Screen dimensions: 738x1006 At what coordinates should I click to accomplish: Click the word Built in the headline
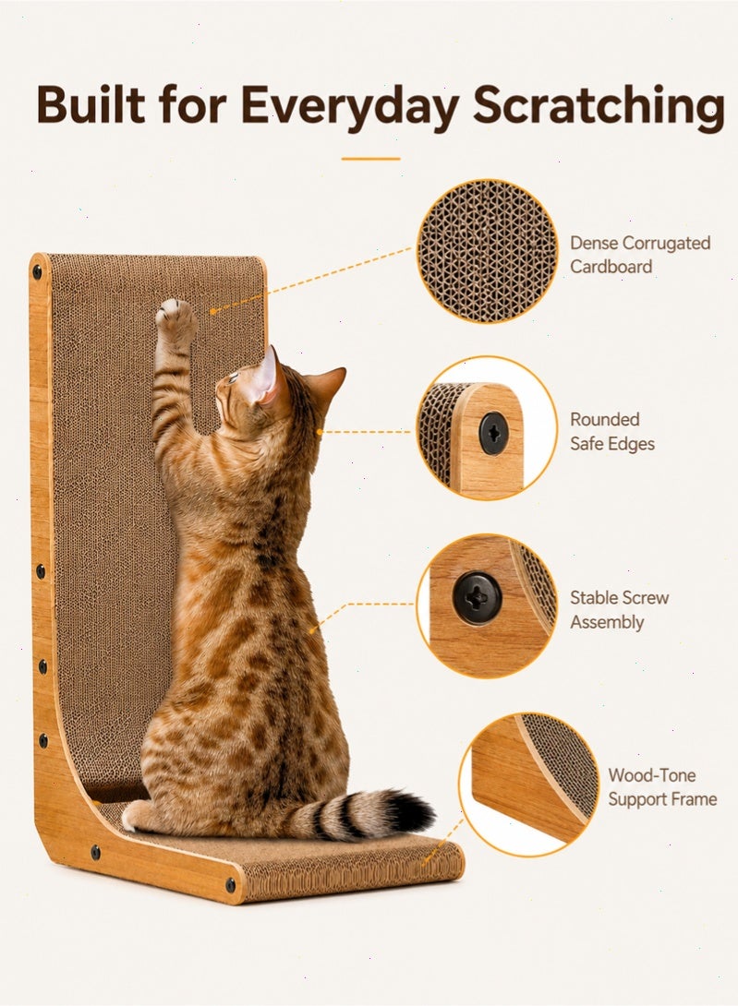(x=91, y=103)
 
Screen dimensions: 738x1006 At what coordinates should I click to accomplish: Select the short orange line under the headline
(x=370, y=159)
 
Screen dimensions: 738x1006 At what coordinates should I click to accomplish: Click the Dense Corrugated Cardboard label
(x=640, y=255)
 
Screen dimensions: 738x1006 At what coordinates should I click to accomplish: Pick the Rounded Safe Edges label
(x=612, y=431)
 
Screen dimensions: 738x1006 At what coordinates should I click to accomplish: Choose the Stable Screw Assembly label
(x=619, y=609)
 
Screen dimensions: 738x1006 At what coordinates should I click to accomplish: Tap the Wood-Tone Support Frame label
(x=662, y=786)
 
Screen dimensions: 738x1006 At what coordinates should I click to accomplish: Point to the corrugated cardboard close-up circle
(x=487, y=251)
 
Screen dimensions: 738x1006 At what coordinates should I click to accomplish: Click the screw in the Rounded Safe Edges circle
(x=494, y=434)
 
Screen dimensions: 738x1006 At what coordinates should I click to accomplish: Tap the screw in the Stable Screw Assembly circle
(x=478, y=598)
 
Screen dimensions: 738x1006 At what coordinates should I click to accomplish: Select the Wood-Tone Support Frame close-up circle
(x=528, y=784)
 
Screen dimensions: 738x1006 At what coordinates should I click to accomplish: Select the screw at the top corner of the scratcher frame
(x=37, y=270)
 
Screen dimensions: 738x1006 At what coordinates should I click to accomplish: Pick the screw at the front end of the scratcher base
(x=230, y=886)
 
